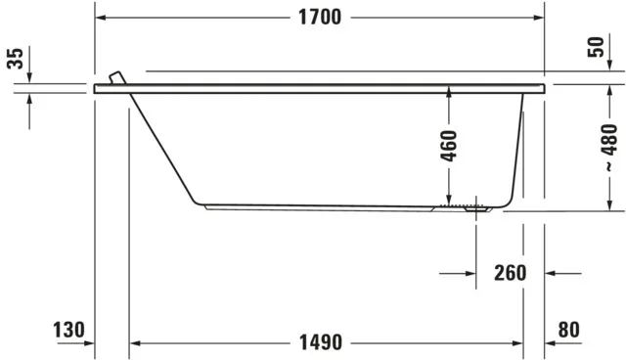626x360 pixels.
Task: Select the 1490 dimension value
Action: [x=319, y=342]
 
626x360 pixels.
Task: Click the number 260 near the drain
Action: [x=510, y=273]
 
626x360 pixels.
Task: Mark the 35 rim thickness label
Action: [x=15, y=60]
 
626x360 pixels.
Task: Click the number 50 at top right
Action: [x=597, y=48]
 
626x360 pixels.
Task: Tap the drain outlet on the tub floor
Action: [x=477, y=206]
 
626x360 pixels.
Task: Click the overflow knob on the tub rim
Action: [x=116, y=77]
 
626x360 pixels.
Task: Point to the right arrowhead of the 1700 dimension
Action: [x=537, y=18]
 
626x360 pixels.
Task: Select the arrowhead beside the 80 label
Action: [x=551, y=342]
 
